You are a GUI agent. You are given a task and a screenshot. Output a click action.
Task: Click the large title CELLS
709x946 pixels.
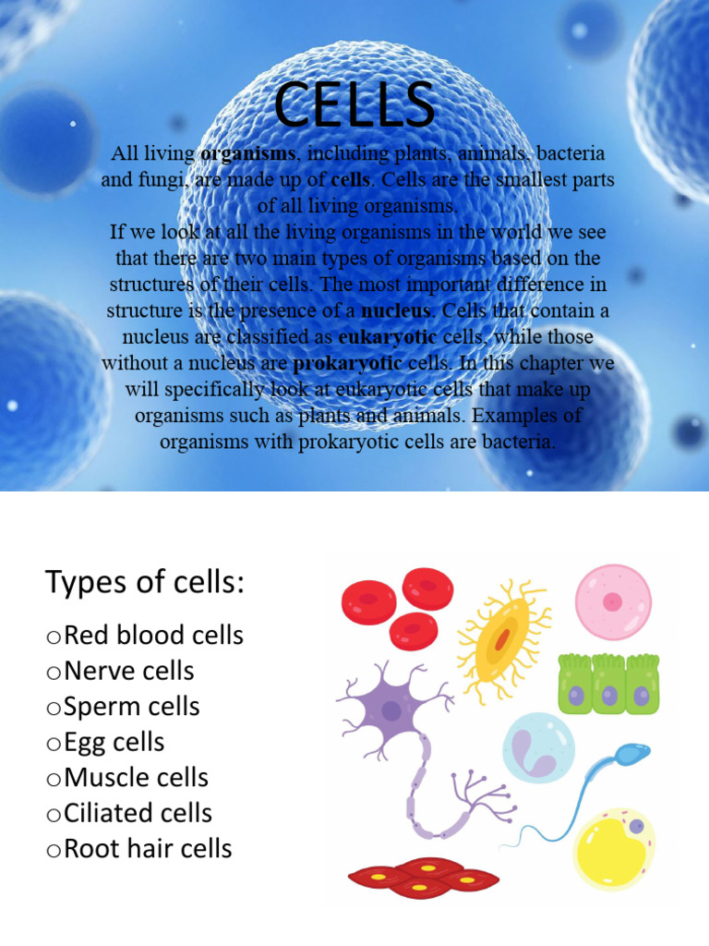pos(354,104)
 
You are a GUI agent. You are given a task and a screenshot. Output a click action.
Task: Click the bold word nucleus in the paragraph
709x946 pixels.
pos(395,310)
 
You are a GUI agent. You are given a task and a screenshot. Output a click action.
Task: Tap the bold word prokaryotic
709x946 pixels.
pos(347,363)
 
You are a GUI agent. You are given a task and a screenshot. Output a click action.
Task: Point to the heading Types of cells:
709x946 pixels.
pos(144,583)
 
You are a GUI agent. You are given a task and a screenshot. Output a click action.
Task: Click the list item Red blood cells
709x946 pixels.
pos(153,636)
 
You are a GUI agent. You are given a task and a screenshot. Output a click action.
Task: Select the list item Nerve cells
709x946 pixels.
pos(129,671)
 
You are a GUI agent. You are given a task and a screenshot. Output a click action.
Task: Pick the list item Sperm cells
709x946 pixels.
pos(132,707)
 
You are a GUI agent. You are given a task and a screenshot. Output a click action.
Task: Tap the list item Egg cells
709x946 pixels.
pos(114,742)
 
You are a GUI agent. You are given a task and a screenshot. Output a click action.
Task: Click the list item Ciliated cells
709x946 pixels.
pos(138,813)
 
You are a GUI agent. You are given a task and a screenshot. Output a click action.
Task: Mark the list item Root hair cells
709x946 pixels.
pos(148,849)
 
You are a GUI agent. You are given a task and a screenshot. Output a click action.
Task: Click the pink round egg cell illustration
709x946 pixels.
pos(613,602)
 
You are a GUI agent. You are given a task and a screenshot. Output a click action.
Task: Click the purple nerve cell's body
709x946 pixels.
pos(391,711)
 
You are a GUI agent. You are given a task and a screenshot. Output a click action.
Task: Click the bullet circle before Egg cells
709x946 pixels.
pos(54,744)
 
